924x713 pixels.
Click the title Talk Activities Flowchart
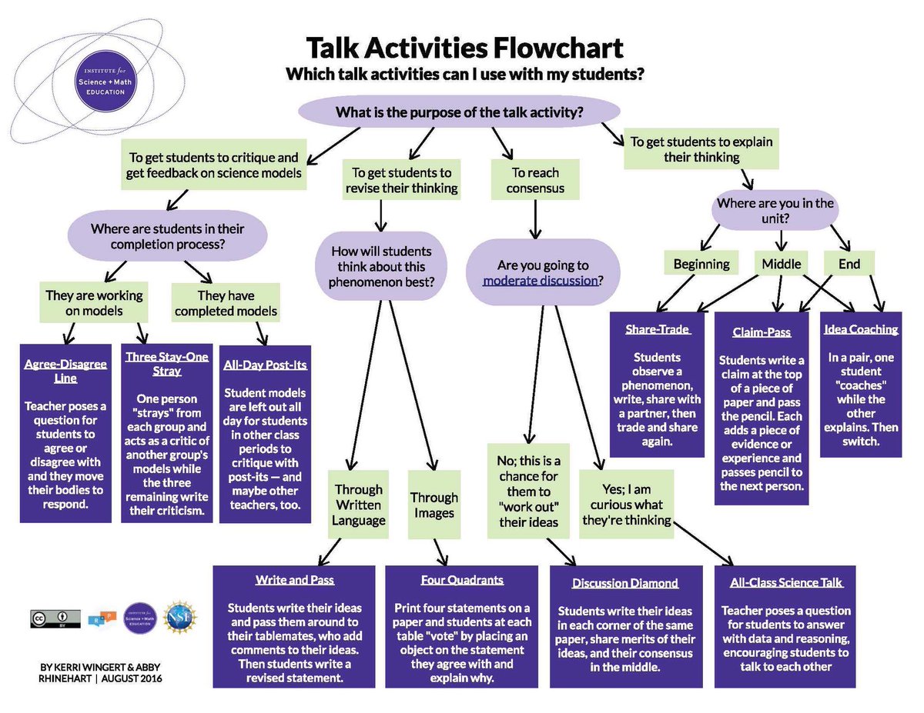(464, 48)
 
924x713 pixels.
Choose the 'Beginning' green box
(701, 264)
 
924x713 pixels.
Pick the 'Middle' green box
(781, 264)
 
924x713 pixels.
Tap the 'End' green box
(849, 264)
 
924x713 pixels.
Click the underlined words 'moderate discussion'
(540, 280)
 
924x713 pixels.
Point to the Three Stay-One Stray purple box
(166, 435)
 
